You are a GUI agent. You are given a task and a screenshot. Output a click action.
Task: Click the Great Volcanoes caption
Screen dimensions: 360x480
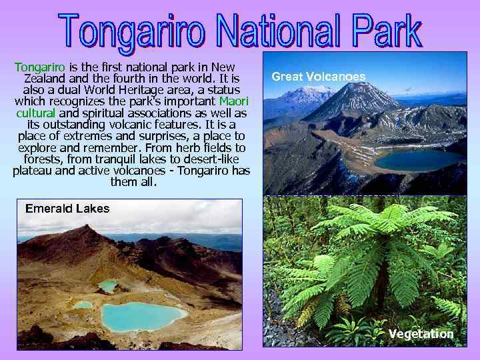click(x=319, y=77)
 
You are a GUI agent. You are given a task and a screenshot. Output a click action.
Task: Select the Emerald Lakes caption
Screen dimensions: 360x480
click(x=67, y=209)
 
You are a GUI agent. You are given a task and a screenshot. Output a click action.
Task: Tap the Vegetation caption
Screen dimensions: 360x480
click(x=421, y=333)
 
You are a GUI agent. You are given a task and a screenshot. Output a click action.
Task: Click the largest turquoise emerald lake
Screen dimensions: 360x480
click(x=141, y=315)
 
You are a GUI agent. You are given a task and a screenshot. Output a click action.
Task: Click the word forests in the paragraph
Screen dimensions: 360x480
click(x=45, y=159)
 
